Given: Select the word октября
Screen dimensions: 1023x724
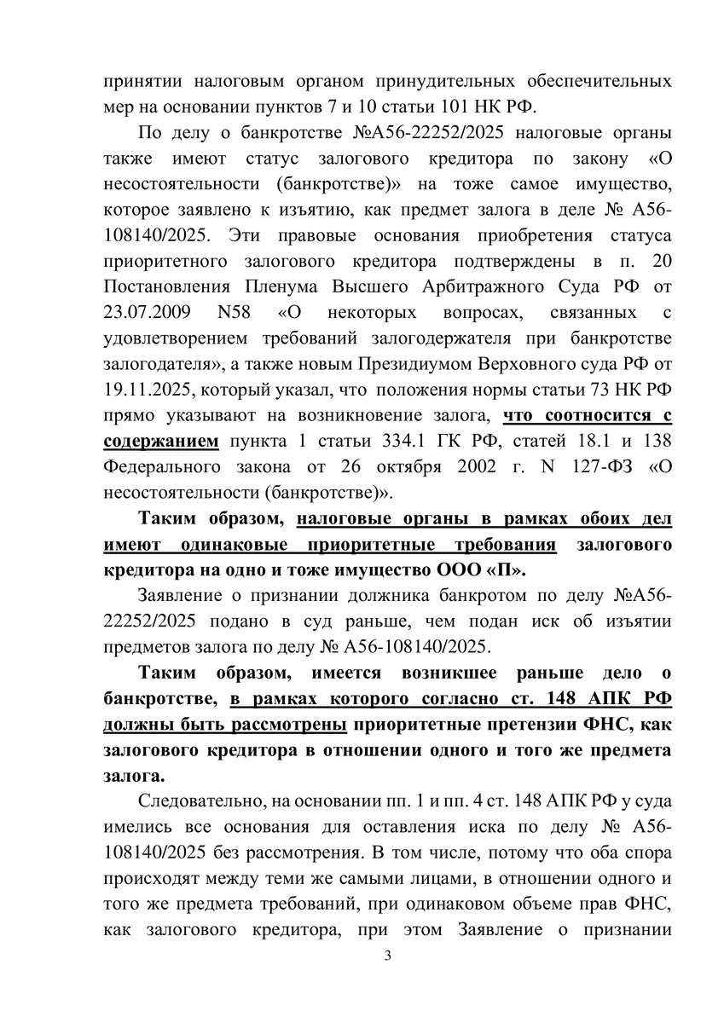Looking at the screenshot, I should pyautogui.click(x=368, y=467).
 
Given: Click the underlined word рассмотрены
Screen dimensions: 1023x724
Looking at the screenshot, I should pyautogui.click(x=287, y=725).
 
